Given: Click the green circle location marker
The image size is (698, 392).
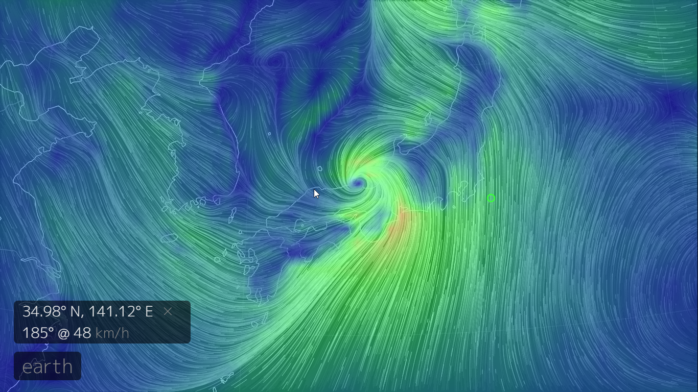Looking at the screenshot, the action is click(491, 198).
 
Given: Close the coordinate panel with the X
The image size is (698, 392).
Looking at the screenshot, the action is click(168, 311).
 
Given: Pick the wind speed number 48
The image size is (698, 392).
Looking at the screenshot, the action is click(82, 333).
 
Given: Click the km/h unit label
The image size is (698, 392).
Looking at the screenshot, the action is click(112, 333).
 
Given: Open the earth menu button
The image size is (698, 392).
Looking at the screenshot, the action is click(48, 366).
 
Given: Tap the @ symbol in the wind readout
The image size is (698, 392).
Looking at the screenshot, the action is click(64, 333).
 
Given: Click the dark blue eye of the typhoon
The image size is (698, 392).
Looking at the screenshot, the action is click(358, 183).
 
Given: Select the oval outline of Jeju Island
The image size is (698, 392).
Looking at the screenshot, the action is click(169, 238).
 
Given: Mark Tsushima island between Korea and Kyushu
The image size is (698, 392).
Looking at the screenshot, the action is click(232, 214).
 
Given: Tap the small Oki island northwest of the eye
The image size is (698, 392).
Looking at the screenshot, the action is click(320, 169).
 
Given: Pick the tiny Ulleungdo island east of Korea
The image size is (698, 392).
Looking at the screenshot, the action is click(269, 134).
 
